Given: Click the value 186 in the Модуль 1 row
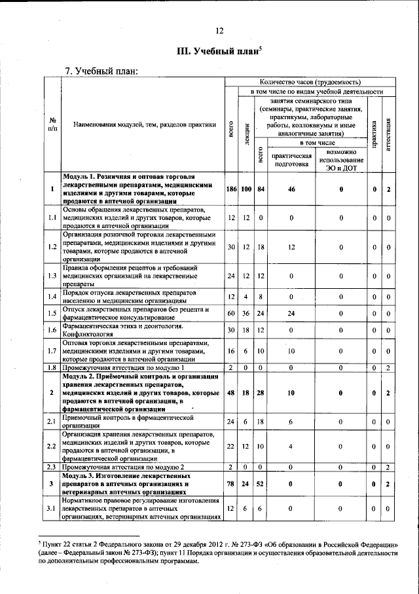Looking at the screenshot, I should [x=230, y=189].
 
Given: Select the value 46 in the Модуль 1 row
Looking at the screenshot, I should [x=291, y=189].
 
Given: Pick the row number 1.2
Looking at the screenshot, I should [x=52, y=247].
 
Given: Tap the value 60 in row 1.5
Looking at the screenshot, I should [x=230, y=314].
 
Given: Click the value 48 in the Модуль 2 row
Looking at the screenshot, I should [x=230, y=392].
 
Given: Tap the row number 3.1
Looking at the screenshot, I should [x=52, y=508].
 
